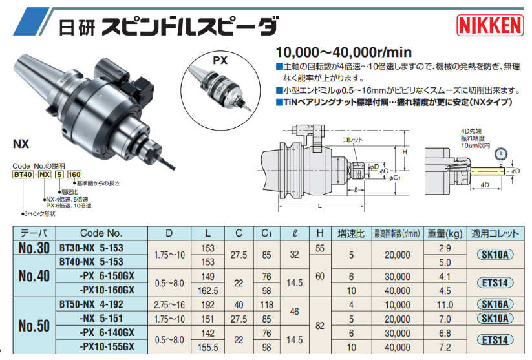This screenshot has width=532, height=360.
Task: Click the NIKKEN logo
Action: (490, 25)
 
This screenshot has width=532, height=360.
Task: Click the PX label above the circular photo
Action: (221, 61)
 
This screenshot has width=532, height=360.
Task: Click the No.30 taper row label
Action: (34, 248)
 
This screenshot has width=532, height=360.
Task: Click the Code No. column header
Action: (101, 233)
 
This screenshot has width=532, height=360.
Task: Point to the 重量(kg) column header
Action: (446, 233)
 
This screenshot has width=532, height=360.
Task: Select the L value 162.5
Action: (208, 290)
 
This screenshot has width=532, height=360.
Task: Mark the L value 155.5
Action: (208, 347)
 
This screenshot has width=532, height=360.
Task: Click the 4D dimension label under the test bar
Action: (484, 186)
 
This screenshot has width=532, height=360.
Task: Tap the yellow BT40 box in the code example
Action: (24, 174)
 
